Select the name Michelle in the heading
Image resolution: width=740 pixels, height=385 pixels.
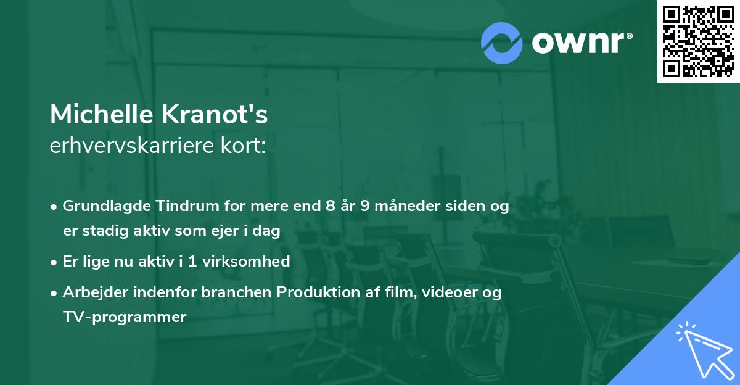pyautogui.click(x=101, y=114)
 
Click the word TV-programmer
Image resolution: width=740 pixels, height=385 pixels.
pyautogui.click(x=124, y=317)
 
